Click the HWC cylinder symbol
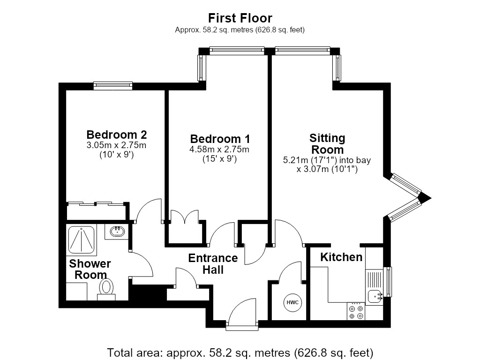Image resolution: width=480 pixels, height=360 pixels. (292, 303)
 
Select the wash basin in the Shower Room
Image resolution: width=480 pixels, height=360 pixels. (117, 231)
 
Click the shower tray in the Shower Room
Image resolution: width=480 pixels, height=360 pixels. (81, 240)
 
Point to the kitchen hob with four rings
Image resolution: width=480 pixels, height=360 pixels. (356, 311)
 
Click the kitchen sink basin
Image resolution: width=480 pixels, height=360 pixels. (375, 296)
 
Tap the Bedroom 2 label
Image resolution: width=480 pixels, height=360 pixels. (117, 135)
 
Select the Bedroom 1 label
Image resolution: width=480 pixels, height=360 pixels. (220, 139)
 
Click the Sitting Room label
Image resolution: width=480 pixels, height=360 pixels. (327, 144)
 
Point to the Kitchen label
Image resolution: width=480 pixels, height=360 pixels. (341, 257)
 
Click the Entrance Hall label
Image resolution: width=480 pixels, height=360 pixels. (213, 264)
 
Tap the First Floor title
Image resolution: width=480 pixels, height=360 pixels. (240, 18)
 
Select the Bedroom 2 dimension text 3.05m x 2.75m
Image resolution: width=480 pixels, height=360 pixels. (116, 145)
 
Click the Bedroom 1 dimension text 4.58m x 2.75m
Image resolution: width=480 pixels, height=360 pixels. (219, 150)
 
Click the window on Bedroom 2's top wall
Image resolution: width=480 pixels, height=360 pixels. (113, 85)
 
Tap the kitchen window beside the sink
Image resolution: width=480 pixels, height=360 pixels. (388, 282)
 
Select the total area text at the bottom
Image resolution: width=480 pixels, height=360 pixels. (240, 352)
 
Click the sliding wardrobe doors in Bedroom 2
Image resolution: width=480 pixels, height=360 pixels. (96, 203)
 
